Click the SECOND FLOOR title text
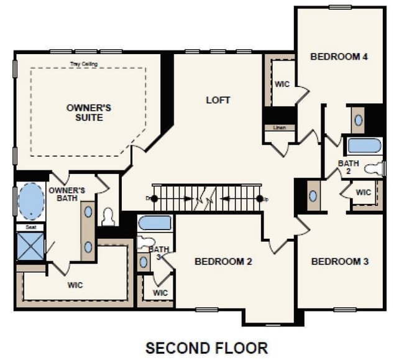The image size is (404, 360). pos(206,347)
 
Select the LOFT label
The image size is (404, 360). pos(218,99)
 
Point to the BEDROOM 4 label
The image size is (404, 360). pos(339,57)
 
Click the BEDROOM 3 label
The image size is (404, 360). pos(339,261)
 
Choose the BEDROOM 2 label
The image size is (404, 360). pos(223,261)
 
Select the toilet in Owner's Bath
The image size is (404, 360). pos(109,216)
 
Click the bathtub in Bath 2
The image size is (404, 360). pos(364,146)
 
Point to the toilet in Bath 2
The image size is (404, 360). pos(374,168)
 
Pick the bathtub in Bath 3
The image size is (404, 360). pos(154,223)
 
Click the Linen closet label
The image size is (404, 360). pos(278,128)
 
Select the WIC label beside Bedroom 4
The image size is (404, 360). pos(283,83)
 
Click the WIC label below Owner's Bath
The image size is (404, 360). pos(75,285)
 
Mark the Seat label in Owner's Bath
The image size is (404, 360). pos(30,227)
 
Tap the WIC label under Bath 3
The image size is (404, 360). pos(160,292)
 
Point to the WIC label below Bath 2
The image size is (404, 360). pos(364,192)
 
